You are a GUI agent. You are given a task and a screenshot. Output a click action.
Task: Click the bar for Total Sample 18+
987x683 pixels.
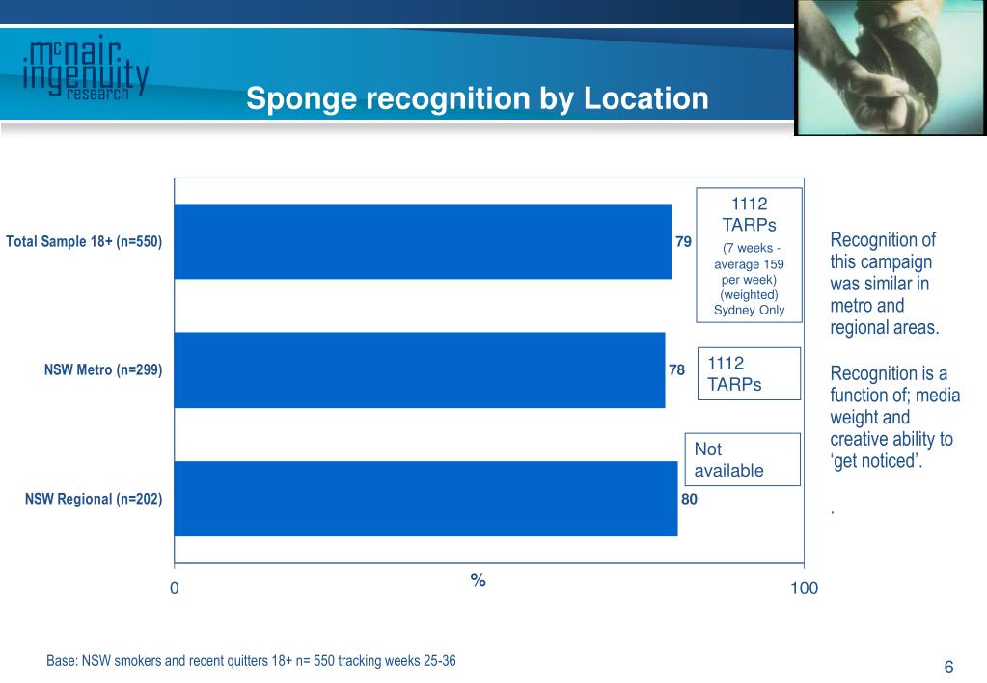click(x=423, y=241)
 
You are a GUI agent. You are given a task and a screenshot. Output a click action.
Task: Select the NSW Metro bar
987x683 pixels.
click(x=420, y=370)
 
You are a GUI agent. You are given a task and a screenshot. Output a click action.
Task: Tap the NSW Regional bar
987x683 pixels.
click(x=426, y=499)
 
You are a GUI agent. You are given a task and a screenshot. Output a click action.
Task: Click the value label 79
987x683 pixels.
click(x=683, y=242)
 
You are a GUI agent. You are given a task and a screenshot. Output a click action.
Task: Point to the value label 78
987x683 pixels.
click(x=676, y=370)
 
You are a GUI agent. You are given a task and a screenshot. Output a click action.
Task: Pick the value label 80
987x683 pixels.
click(x=689, y=499)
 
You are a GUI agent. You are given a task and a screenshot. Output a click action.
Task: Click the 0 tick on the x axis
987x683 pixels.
click(x=175, y=587)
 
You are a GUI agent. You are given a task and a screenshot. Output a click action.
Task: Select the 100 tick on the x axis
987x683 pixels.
click(x=804, y=587)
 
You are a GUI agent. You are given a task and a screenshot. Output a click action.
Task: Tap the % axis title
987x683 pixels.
click(x=478, y=580)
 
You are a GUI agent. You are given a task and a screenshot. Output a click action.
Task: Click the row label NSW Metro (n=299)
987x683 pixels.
click(x=103, y=369)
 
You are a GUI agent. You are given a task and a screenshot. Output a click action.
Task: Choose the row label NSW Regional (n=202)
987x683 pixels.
click(x=94, y=499)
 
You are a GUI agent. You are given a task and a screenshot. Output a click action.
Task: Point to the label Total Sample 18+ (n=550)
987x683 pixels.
click(x=84, y=241)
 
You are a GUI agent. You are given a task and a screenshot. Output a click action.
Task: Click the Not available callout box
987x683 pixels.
click(x=743, y=459)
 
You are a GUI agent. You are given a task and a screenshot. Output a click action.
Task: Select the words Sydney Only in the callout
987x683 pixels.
click(x=749, y=310)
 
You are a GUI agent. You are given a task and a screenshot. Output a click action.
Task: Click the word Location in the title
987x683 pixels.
click(x=645, y=98)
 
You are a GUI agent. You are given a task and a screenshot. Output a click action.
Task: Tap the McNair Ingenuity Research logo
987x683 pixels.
click(x=86, y=68)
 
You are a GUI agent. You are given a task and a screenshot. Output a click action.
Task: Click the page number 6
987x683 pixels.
click(x=948, y=667)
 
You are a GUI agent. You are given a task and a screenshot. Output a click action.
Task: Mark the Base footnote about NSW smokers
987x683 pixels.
click(x=251, y=661)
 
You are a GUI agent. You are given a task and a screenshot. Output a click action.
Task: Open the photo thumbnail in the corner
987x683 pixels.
click(x=891, y=67)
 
